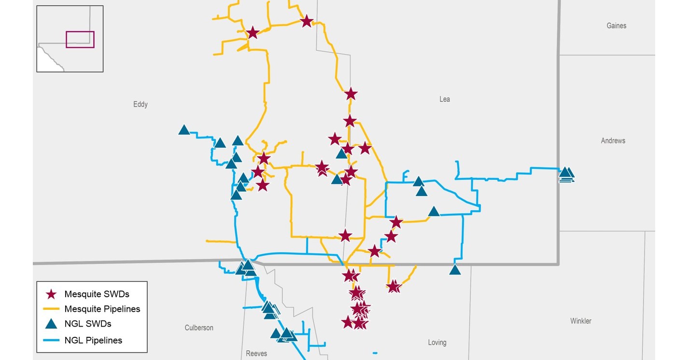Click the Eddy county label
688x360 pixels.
point(140,104)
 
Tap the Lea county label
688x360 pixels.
point(445,99)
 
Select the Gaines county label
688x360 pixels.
point(617,26)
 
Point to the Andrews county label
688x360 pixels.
point(613,141)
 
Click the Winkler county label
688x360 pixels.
point(581,321)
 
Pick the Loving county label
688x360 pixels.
point(437,343)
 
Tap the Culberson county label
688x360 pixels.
point(199,328)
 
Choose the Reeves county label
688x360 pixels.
point(256,354)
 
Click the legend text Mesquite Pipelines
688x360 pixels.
point(102,309)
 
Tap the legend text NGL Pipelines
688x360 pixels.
point(93,340)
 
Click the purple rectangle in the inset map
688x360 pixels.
point(80,40)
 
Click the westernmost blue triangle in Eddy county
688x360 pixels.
point(184,130)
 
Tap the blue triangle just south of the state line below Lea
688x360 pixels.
point(455,270)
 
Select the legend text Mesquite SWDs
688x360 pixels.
point(97,294)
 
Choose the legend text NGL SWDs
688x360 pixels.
point(88,324)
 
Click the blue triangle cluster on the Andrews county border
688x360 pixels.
point(566,174)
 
